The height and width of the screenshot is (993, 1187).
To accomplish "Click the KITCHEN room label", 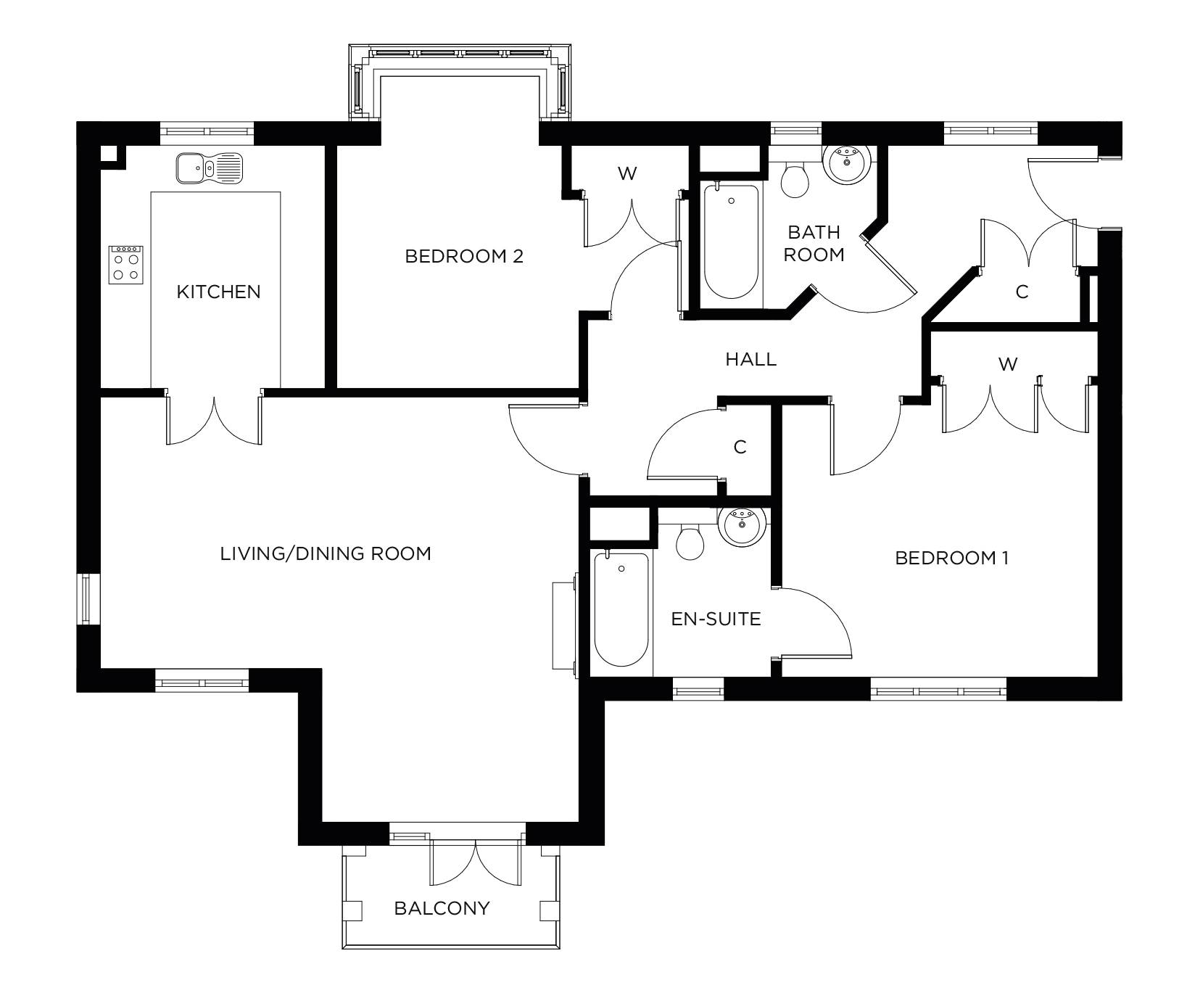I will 218,292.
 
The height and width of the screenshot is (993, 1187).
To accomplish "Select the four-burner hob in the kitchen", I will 126,265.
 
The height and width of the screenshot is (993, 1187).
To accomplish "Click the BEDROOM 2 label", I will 464,256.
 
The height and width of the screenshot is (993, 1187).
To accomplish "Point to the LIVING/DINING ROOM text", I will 326,554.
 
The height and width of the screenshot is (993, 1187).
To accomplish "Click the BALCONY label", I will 442,908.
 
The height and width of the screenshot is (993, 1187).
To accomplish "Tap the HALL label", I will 750,359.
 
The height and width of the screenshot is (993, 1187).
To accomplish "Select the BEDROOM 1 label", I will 951,558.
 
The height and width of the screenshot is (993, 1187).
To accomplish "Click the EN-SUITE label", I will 716,619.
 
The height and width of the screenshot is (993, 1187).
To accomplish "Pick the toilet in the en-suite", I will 690,541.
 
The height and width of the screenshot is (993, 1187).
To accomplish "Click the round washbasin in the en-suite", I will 740,524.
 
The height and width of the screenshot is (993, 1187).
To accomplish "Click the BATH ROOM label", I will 814,243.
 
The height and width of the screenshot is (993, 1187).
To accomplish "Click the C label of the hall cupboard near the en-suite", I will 740,448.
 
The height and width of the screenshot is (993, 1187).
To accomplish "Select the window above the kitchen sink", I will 207,132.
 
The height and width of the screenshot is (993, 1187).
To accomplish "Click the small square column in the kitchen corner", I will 108,154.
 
